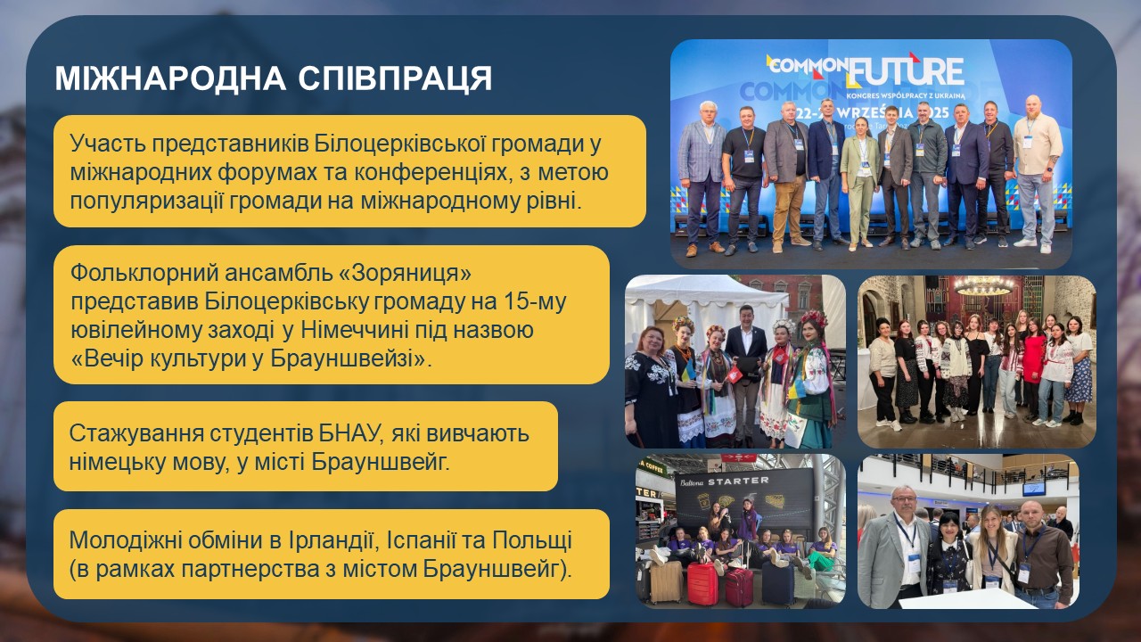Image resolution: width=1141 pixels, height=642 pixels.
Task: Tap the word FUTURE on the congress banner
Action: click(x=907, y=72)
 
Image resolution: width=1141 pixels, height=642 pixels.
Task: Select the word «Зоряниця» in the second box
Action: click(x=405, y=273)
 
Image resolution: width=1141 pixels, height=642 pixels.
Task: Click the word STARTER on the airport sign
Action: click(x=738, y=481)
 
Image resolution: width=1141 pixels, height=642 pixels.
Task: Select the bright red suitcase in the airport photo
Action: click(x=702, y=583)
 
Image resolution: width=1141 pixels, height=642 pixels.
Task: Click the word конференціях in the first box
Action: click(x=433, y=173)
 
